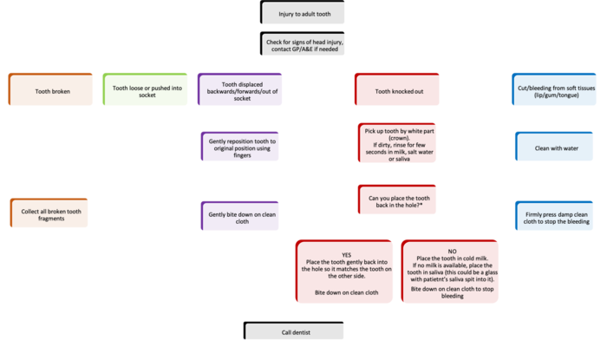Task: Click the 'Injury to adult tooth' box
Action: [x=303, y=14]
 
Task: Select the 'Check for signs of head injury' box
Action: [x=303, y=46]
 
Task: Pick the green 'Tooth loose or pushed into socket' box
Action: [x=143, y=89]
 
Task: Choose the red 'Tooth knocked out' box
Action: [x=399, y=89]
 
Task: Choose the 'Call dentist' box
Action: [x=303, y=331]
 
